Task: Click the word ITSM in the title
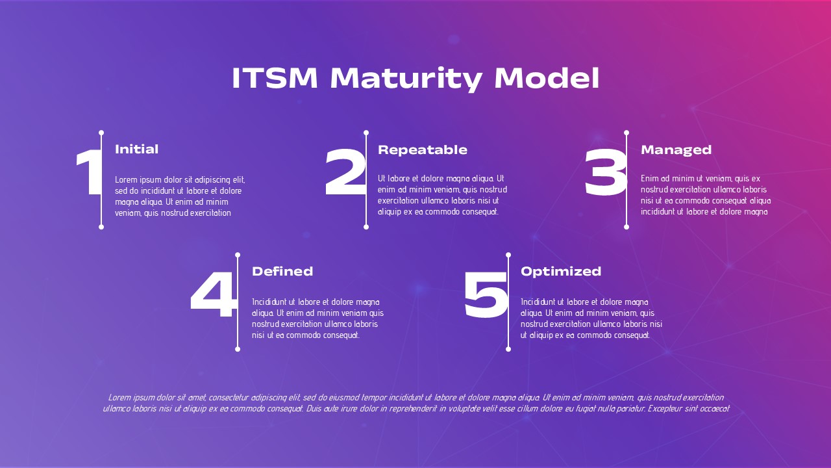(275, 78)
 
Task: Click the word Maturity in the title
(406, 79)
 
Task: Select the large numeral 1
(88, 172)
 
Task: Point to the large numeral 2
(345, 172)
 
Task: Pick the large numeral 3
(606, 172)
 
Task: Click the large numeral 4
(214, 294)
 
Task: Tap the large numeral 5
(486, 295)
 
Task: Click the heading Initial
(136, 149)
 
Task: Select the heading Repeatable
(423, 150)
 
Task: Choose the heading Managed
(676, 150)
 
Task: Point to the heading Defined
(282, 271)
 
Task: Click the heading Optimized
(561, 272)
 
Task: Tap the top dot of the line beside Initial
(101, 133)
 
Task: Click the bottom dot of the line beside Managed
(626, 227)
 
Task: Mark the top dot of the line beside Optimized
(508, 255)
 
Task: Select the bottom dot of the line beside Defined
(238, 349)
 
